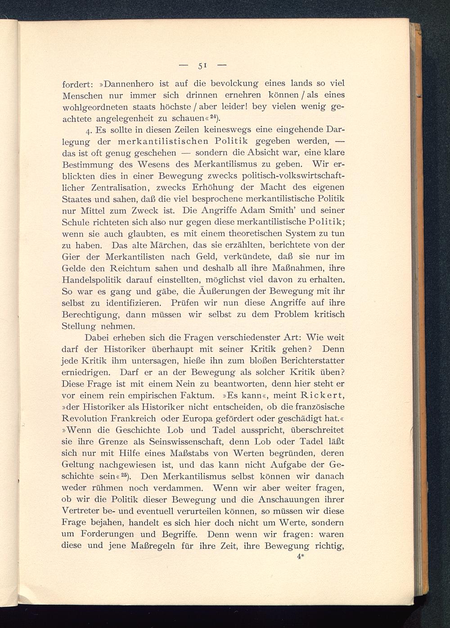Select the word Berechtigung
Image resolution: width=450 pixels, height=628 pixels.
(x=90, y=315)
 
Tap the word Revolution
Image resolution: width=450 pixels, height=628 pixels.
(x=85, y=419)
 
